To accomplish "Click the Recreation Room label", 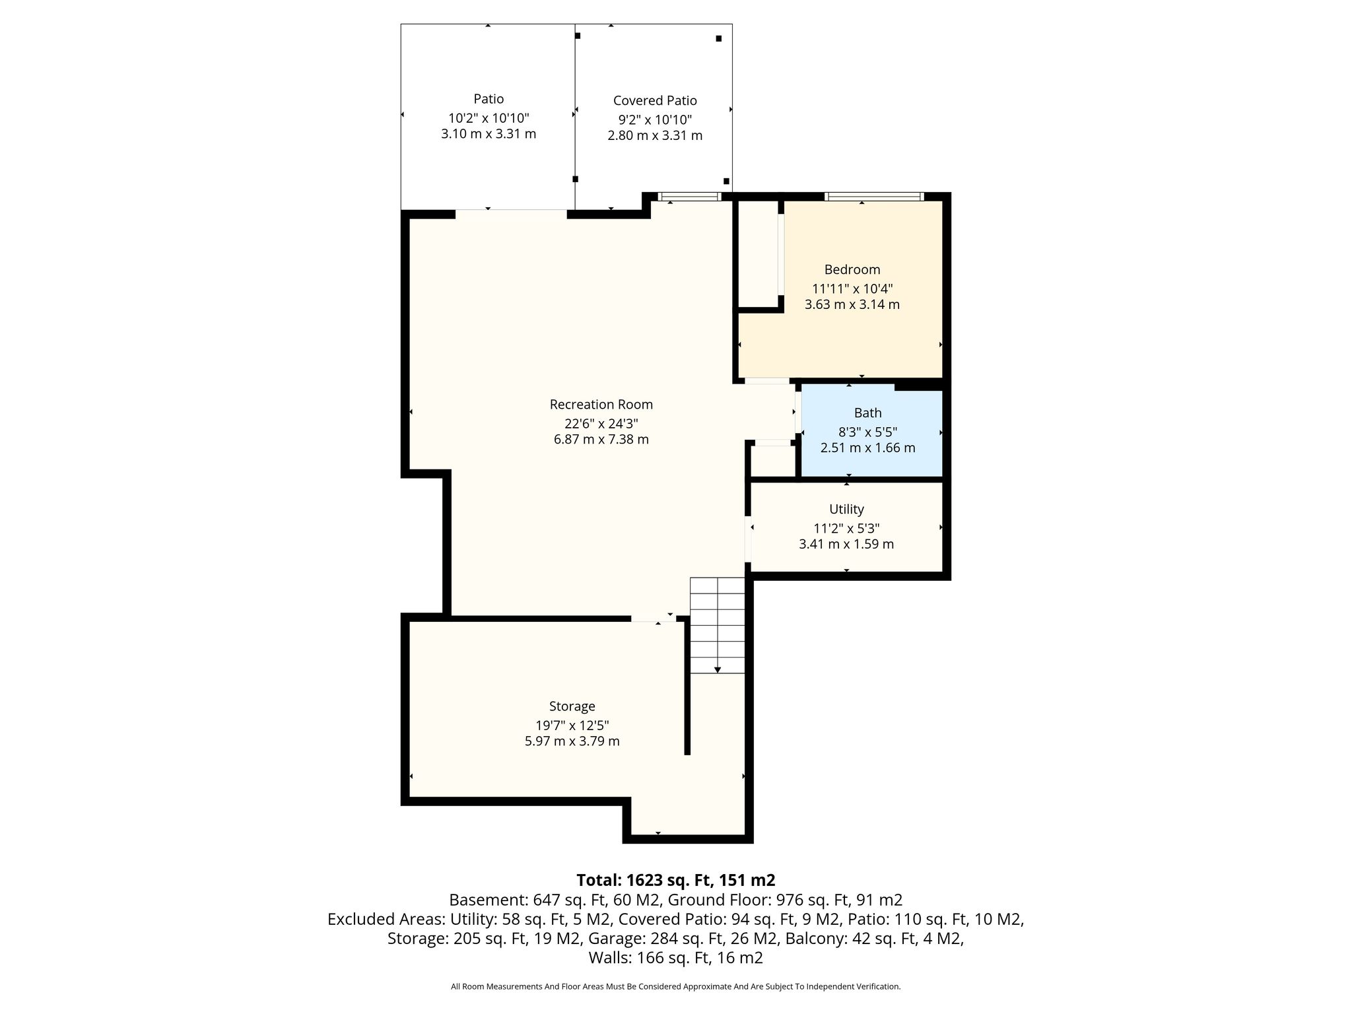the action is (601, 404).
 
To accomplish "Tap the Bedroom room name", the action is (852, 269).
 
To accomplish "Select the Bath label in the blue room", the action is (867, 413).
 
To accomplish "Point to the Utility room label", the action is (846, 509).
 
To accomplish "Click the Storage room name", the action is (572, 706).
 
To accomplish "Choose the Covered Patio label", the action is (655, 100).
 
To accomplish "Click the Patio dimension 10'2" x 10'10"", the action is (489, 118).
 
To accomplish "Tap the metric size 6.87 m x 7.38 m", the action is (601, 439).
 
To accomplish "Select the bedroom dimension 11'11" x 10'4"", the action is (852, 288).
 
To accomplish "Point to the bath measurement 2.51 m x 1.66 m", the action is (867, 448).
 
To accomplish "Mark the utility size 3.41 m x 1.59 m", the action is (846, 544).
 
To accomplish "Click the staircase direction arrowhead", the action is (718, 670).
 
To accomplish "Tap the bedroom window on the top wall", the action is (874, 196).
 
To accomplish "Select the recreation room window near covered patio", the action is (690, 196).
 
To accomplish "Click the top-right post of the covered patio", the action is (719, 38).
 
